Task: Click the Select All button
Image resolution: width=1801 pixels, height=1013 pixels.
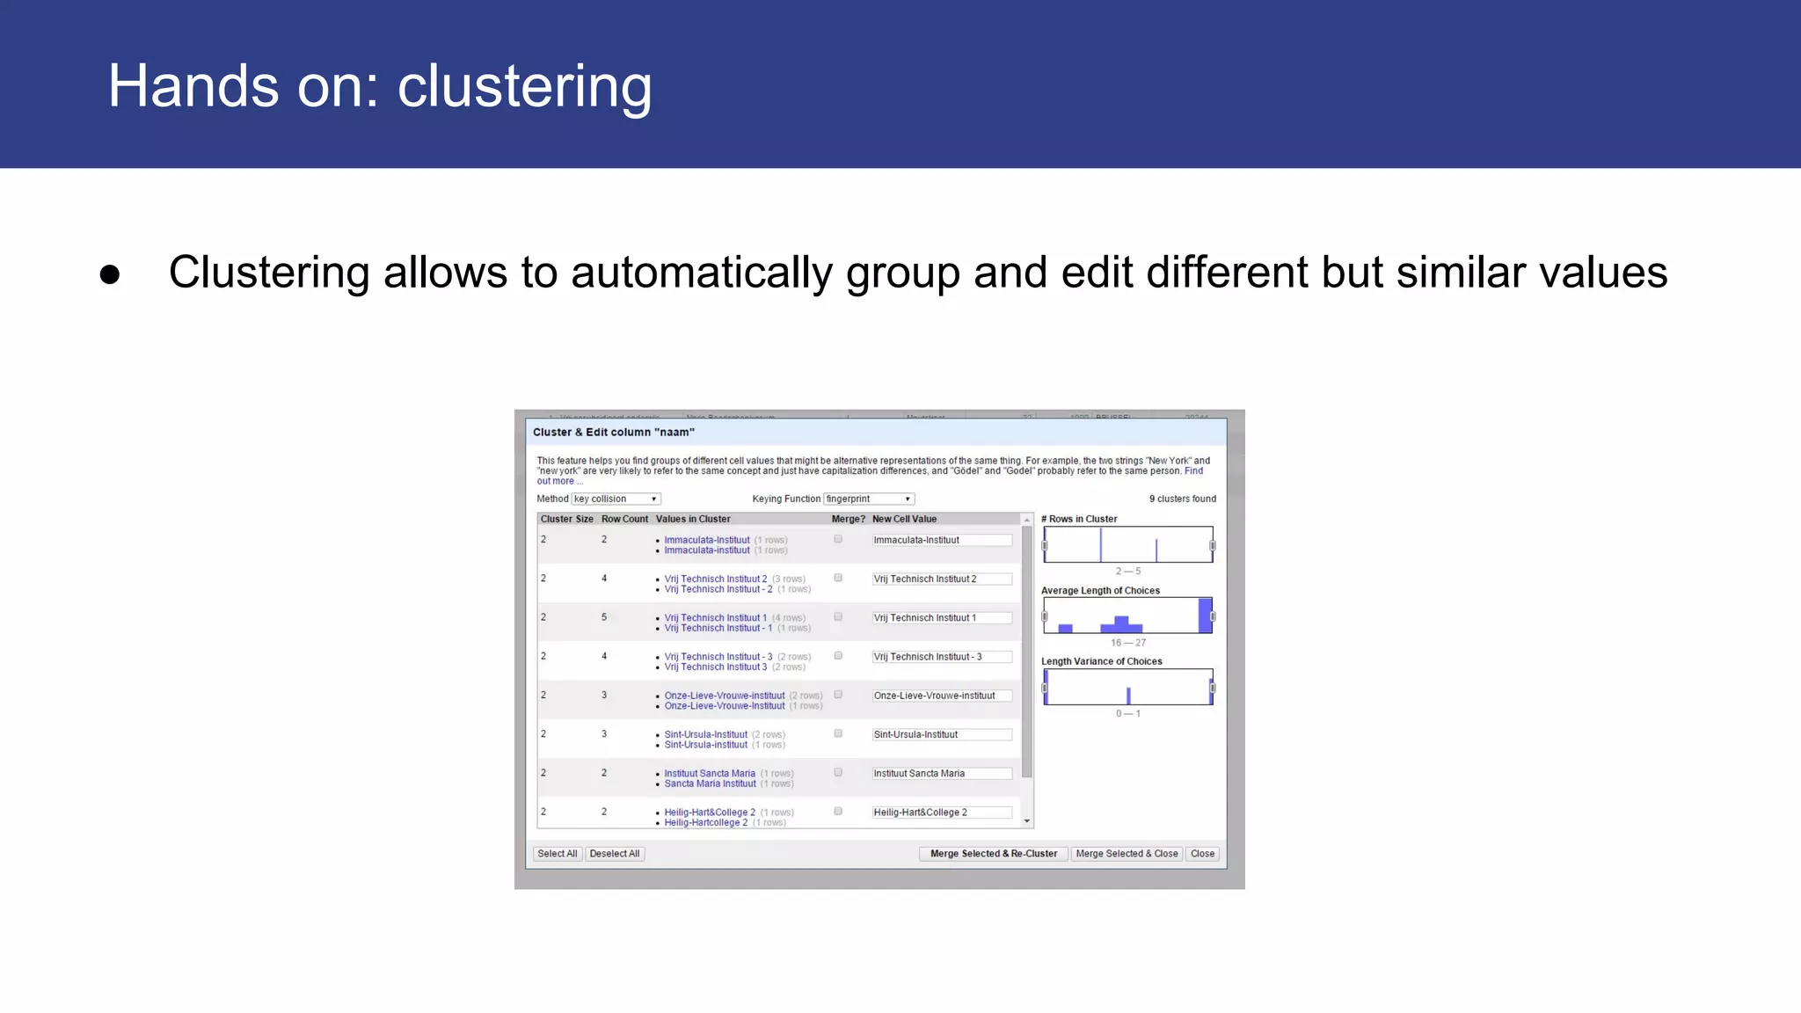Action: [557, 854]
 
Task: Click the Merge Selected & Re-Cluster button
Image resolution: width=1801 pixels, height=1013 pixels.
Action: [994, 854]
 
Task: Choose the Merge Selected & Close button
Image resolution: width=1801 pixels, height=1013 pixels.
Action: [1127, 854]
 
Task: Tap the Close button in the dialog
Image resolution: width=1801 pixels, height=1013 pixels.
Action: [1202, 854]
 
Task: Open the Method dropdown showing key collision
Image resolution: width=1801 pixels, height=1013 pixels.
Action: [616, 499]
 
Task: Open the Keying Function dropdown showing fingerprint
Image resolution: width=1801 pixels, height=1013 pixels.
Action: [869, 499]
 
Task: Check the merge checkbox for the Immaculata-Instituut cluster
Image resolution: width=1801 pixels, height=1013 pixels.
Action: [838, 539]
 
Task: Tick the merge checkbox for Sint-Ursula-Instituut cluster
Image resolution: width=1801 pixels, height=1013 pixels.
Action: [838, 733]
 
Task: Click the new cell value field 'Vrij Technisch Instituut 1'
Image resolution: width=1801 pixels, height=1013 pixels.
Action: [941, 618]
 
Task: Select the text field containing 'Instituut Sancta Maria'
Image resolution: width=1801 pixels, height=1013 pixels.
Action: [941, 774]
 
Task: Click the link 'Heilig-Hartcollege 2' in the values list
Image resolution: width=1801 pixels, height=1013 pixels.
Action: [705, 823]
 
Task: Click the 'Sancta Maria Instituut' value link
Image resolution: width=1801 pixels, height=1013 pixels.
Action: [710, 783]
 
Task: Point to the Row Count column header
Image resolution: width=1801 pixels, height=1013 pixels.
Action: [624, 519]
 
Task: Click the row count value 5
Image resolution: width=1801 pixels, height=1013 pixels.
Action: [604, 617]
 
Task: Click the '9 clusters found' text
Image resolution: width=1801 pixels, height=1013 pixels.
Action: [1182, 499]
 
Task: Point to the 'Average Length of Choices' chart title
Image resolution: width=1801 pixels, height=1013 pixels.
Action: [1100, 591]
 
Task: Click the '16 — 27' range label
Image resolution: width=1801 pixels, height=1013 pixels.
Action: [1127, 643]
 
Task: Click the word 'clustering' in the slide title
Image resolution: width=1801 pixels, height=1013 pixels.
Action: [524, 87]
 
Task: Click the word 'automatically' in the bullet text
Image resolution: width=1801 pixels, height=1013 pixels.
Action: [701, 273]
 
